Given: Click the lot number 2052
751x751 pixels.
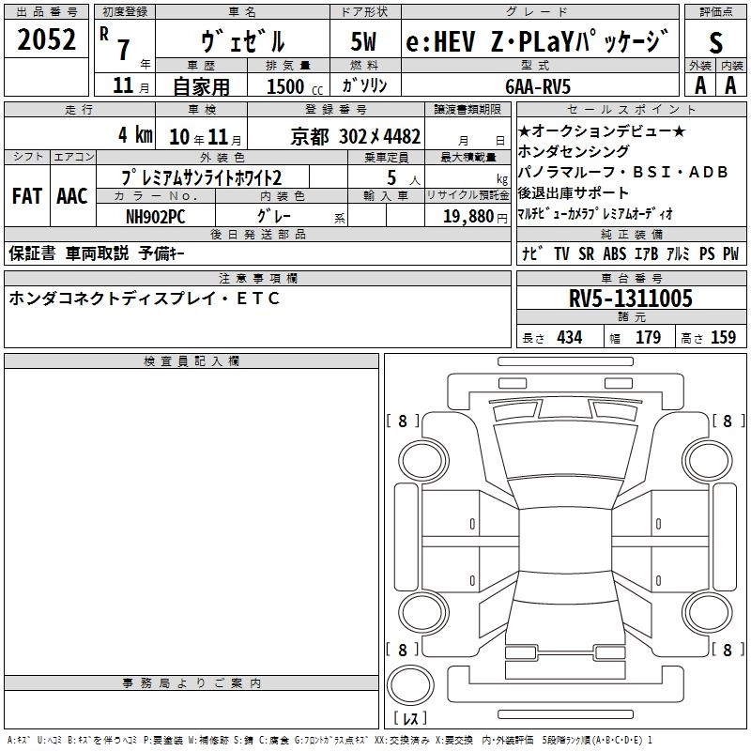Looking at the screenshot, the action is [x=46, y=39].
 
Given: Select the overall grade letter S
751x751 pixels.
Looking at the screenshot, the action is [x=715, y=42].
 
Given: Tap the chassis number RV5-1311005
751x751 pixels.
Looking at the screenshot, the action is [x=630, y=298].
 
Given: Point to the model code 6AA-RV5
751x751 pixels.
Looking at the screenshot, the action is [x=538, y=86].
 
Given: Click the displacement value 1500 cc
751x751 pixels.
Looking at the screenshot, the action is [x=295, y=86].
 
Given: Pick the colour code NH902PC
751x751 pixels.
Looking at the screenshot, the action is [x=155, y=217].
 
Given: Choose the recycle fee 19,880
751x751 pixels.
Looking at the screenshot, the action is [x=468, y=216].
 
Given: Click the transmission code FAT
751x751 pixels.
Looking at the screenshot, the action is [x=27, y=196].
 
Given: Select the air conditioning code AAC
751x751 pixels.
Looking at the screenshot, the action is [x=72, y=196].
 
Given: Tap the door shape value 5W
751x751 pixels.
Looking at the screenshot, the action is [x=364, y=41].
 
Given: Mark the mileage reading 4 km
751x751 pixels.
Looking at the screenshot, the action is [x=135, y=134].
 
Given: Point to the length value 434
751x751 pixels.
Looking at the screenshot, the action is [x=570, y=337].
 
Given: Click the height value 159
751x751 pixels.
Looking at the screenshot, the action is [x=723, y=337].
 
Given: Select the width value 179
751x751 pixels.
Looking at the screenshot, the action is [x=648, y=337].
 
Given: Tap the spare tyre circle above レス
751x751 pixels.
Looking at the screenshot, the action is [x=410, y=684].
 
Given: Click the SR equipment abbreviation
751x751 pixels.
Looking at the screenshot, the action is [x=586, y=253].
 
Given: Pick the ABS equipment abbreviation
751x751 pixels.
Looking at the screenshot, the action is [x=615, y=253].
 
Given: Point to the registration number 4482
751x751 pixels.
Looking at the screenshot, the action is [x=403, y=136].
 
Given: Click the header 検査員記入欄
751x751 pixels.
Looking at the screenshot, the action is [x=192, y=361].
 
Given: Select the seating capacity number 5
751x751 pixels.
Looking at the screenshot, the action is [x=391, y=177].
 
